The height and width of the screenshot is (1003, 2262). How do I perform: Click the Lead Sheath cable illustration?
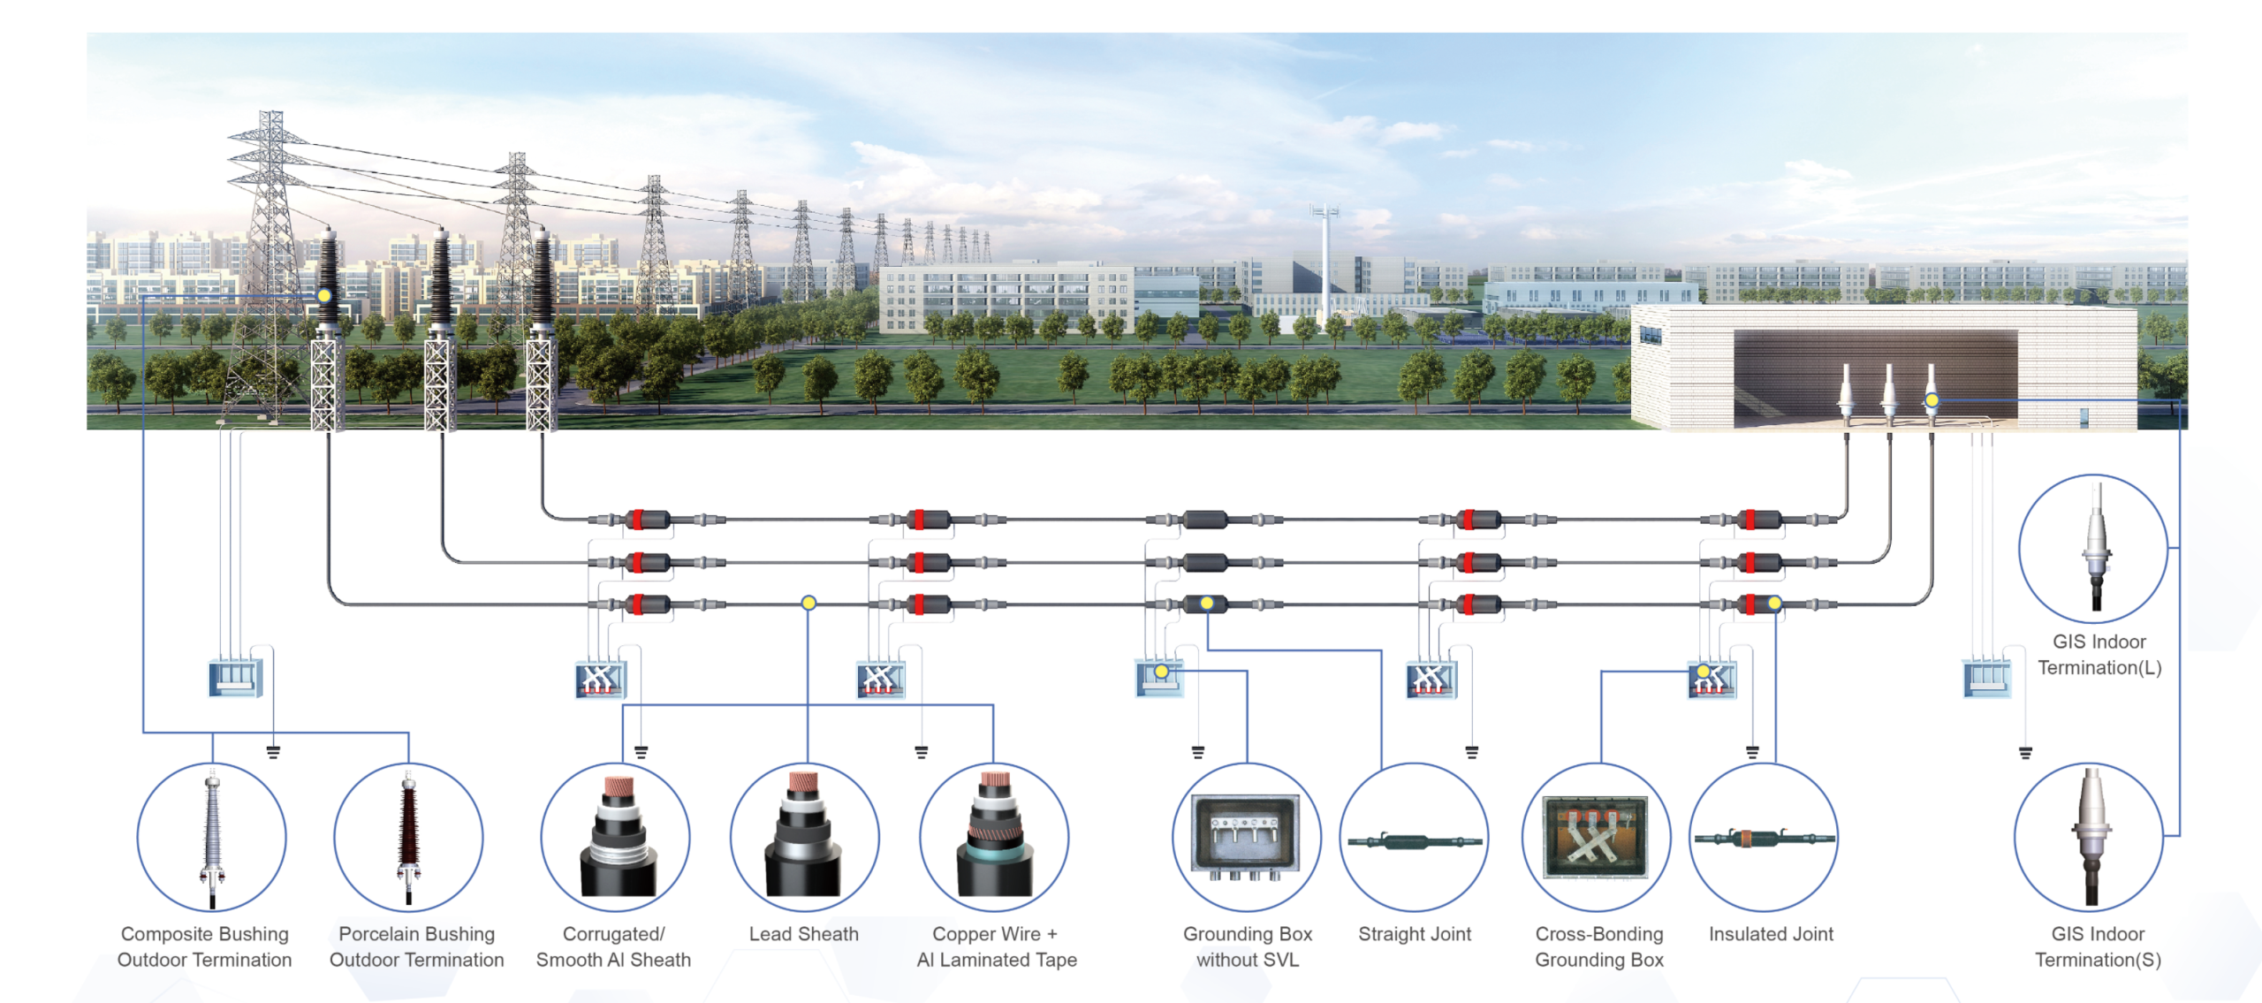click(x=804, y=837)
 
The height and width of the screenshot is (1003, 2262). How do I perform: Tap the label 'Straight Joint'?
click(x=1414, y=934)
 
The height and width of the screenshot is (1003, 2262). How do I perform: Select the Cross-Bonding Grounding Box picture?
click(x=1597, y=837)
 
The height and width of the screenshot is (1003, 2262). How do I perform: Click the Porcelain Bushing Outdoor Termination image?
click(x=408, y=837)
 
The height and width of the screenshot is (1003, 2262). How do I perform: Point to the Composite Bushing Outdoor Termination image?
click(x=212, y=837)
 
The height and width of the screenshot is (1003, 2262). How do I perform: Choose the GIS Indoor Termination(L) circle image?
click(x=2093, y=549)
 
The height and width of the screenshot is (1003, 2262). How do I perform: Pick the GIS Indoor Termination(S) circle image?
click(x=2090, y=837)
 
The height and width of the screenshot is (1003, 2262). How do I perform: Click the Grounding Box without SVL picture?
click(x=1247, y=837)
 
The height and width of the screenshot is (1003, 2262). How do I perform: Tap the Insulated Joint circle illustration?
click(x=1764, y=837)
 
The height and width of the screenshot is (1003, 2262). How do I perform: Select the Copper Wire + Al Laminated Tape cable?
click(x=994, y=837)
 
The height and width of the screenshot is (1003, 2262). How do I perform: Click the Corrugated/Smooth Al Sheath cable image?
click(x=615, y=837)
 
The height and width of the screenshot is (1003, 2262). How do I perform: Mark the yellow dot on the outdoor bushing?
click(x=324, y=295)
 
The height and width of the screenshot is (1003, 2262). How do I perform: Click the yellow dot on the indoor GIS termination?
click(x=1932, y=400)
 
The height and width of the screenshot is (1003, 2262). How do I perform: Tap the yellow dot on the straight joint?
click(x=1207, y=604)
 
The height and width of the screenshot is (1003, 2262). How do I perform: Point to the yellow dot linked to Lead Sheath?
click(x=808, y=603)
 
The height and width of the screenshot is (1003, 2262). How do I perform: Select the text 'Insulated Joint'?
click(x=1771, y=934)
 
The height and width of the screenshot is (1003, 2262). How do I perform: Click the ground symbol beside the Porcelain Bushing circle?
click(x=274, y=752)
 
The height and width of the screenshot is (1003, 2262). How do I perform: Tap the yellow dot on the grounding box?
click(x=1162, y=672)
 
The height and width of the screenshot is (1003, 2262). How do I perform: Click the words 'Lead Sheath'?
click(x=803, y=934)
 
